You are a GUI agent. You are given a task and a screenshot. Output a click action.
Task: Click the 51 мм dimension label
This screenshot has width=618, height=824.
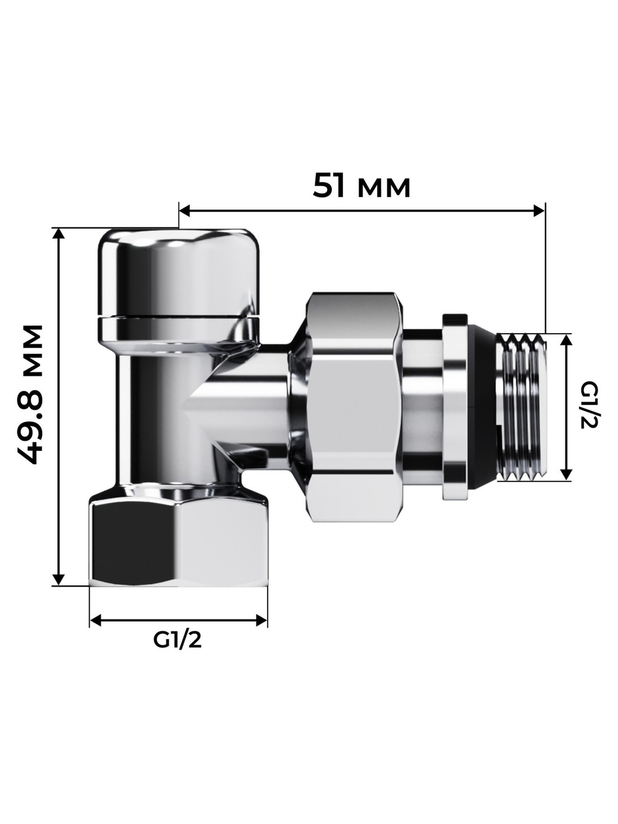coord(361,185)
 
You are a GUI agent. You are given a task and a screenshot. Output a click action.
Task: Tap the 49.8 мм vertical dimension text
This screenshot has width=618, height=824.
coord(32,394)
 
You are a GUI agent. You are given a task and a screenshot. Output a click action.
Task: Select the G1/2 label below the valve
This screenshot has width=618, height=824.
coord(177,640)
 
